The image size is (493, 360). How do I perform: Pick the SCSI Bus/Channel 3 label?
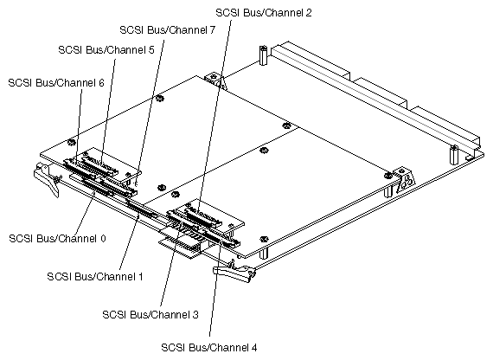click(x=151, y=314)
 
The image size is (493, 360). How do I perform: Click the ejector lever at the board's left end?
click(x=43, y=177)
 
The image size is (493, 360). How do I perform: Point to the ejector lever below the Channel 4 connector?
click(x=234, y=274)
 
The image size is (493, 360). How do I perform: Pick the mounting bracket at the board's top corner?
click(x=216, y=81)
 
